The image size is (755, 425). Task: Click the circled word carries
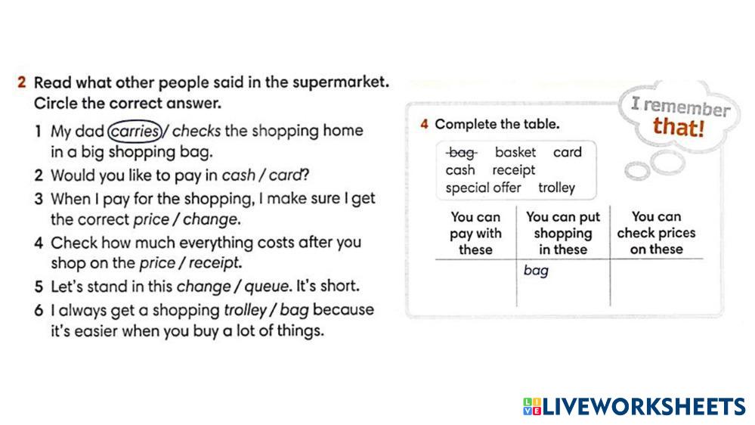135,131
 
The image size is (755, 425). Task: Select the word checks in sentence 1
196,131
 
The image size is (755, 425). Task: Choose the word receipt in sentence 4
214,264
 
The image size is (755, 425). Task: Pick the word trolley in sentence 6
246,310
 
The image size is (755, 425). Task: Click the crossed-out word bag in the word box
461,153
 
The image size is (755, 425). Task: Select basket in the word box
515,152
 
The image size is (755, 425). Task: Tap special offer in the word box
484,188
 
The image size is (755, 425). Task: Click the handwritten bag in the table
536,271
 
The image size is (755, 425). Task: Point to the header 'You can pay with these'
475,233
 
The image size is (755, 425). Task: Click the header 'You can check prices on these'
656,233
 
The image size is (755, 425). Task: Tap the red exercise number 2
21,82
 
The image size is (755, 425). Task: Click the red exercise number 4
424,124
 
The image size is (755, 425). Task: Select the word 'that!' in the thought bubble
679,128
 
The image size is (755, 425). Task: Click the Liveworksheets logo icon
532,406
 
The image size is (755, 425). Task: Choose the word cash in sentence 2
238,175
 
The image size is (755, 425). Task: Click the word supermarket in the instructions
340,82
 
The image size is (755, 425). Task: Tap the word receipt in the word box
513,171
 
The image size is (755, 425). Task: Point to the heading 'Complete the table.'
497,124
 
